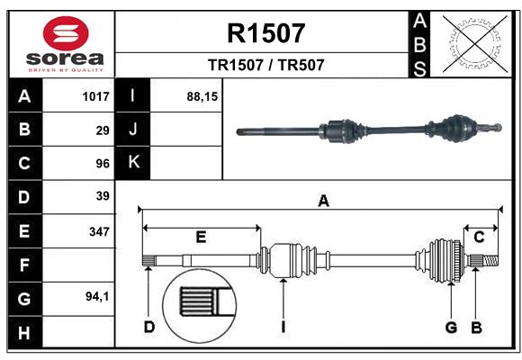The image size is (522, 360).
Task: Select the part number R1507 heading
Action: pyautogui.click(x=265, y=33)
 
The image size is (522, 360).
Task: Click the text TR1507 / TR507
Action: pyautogui.click(x=265, y=65)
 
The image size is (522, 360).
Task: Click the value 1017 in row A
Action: pyautogui.click(x=95, y=96)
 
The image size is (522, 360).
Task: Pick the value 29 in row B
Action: pyautogui.click(x=103, y=130)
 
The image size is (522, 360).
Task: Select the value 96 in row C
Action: pyautogui.click(x=103, y=164)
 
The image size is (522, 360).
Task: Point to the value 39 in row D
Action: pyautogui.click(x=103, y=196)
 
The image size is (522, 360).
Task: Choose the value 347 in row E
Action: pyautogui.click(x=99, y=231)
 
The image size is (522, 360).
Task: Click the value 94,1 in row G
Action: pyautogui.click(x=97, y=296)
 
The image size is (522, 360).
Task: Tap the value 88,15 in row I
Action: pyautogui.click(x=202, y=96)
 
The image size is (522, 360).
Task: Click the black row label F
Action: pyautogui.click(x=24, y=265)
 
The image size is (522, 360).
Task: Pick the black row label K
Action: pyautogui.click(x=133, y=162)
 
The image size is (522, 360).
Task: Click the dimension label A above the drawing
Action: pyautogui.click(x=322, y=202)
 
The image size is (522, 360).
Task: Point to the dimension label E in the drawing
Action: pyautogui.click(x=201, y=238)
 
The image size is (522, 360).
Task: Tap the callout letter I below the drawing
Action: pyautogui.click(x=283, y=327)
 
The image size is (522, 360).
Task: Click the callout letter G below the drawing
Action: pyautogui.click(x=452, y=327)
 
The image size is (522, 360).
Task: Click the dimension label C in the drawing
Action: pyautogui.click(x=480, y=238)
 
